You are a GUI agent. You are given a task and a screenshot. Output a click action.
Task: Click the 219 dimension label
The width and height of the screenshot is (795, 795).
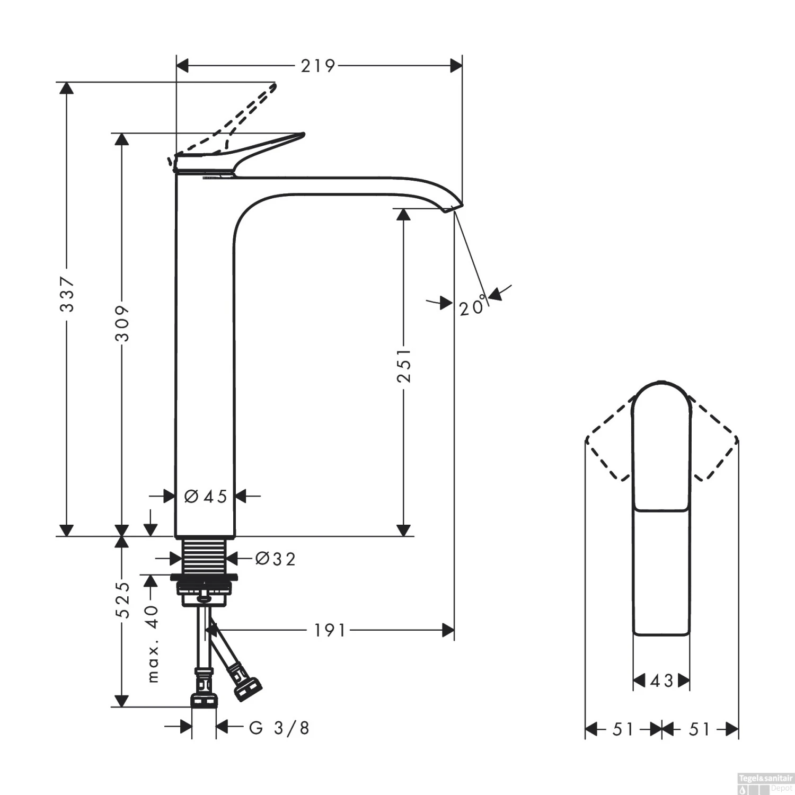coord(318,66)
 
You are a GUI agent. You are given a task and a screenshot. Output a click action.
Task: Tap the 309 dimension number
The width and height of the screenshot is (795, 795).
coord(122,323)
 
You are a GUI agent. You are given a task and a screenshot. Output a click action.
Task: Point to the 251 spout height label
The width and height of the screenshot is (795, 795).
coord(404,365)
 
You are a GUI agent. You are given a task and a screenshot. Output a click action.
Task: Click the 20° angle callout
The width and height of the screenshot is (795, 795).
coord(473,305)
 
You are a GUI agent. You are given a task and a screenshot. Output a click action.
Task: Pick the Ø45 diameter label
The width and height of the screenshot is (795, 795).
coord(206,497)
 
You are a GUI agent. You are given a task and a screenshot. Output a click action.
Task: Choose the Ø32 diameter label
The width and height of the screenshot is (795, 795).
coord(275,559)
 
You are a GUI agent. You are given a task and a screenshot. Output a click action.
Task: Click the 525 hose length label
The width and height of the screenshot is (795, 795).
coord(122,599)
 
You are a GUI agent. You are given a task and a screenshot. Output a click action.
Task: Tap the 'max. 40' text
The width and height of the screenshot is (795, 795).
coord(152,643)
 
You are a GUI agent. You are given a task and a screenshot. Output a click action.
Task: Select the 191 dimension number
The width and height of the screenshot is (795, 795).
coord(330,630)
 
